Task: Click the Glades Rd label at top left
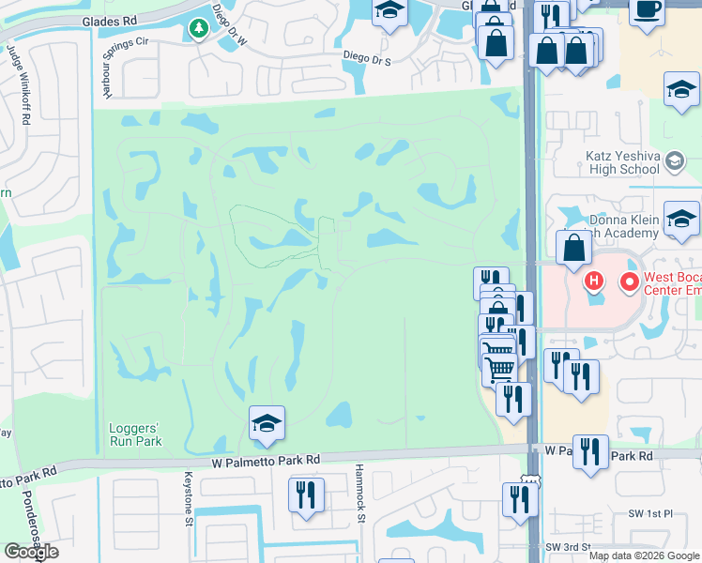(109, 20)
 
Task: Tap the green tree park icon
(199, 30)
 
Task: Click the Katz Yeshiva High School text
(609, 162)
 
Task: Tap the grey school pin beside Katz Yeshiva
(673, 162)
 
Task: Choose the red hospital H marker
(593, 281)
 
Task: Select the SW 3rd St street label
(568, 547)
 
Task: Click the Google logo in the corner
(31, 552)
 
